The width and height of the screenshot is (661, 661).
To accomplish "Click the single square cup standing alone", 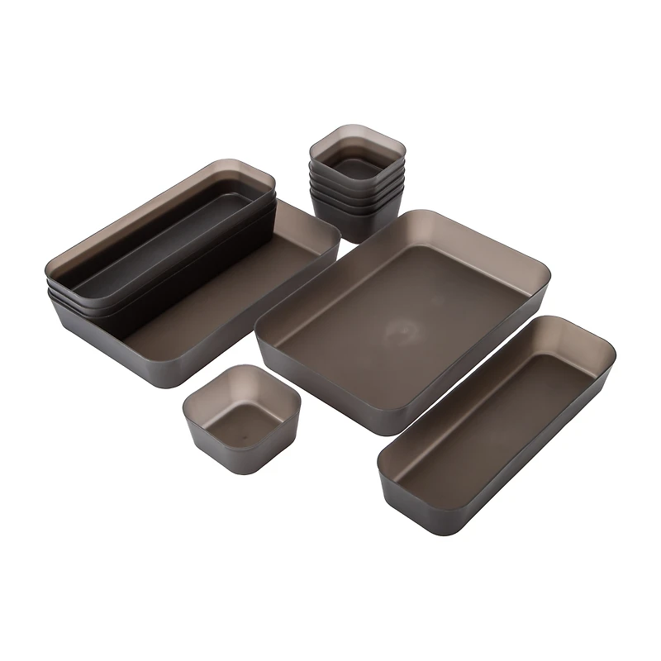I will pyautogui.click(x=240, y=418).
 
